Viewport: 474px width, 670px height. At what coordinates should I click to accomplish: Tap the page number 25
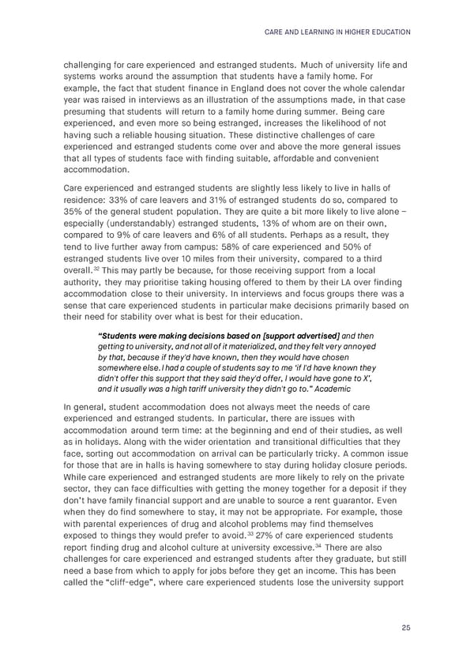point(405,627)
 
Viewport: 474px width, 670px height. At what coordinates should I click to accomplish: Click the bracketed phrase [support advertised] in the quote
point(304,336)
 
